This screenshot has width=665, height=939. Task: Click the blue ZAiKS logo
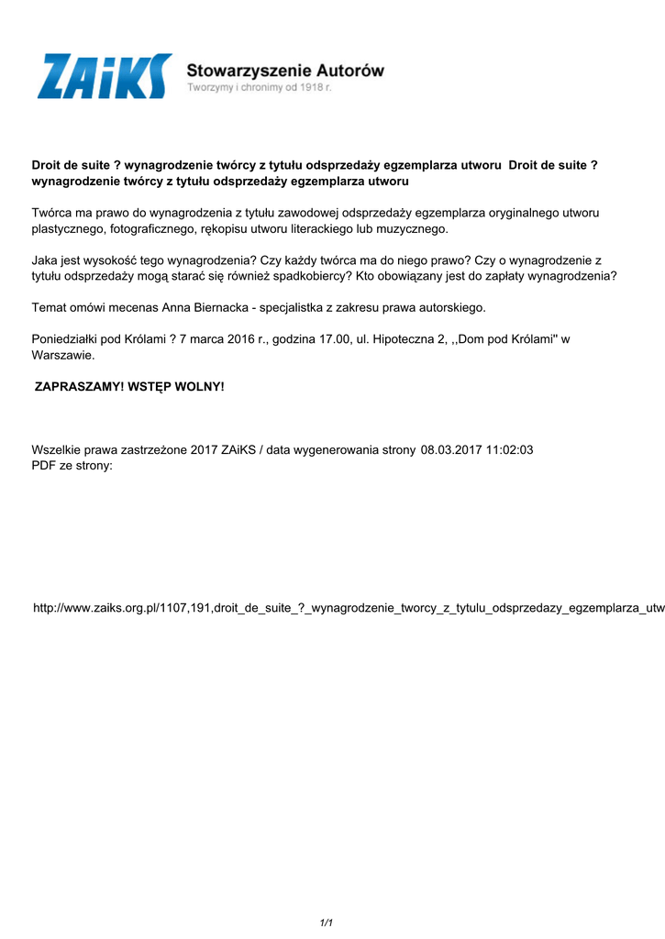coord(104,76)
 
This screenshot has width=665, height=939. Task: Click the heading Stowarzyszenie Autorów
coord(285,70)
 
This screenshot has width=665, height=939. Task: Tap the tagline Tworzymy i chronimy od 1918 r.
coord(260,88)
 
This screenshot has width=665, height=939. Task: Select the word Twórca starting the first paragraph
coord(53,213)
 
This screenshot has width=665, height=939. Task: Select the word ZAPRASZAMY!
coord(79,387)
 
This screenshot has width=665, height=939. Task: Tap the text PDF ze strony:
coord(72,465)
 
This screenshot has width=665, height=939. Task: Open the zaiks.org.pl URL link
coord(349,608)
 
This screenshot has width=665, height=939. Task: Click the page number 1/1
coord(326,922)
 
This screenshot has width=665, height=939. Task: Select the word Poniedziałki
coord(70,339)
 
